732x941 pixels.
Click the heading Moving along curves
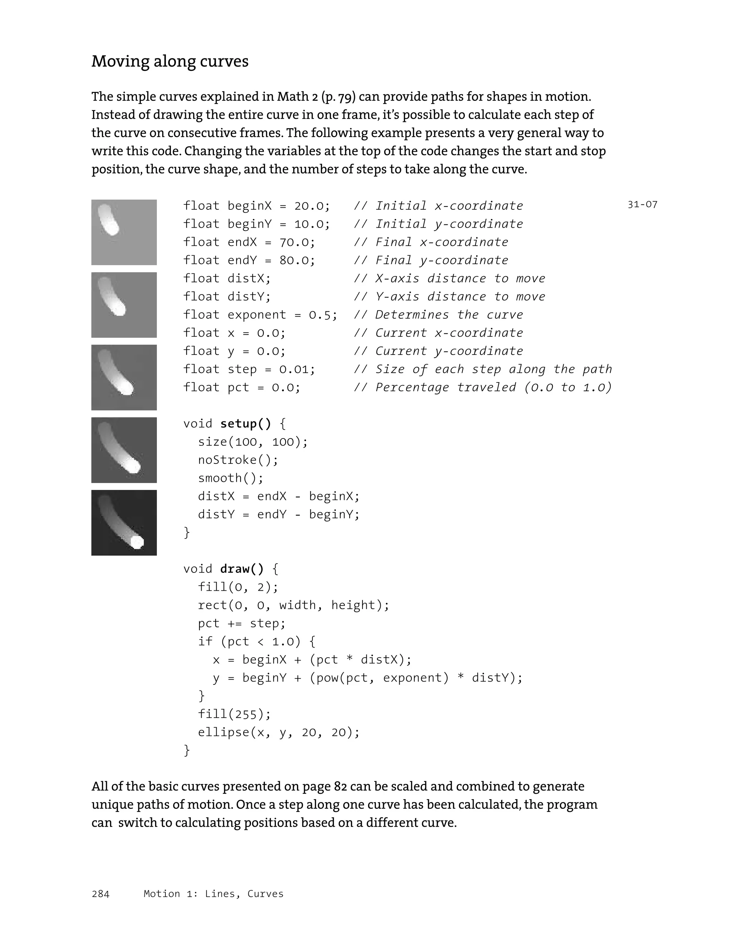coord(170,61)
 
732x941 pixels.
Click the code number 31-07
coord(642,205)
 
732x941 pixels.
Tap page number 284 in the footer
coord(100,893)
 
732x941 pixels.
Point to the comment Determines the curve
coord(449,315)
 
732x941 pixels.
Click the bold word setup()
coord(246,424)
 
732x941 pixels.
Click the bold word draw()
coord(242,569)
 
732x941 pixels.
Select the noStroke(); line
coord(238,460)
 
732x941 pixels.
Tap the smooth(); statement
coord(230,478)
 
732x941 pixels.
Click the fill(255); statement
coord(234,714)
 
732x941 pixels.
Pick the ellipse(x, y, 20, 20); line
coord(278,732)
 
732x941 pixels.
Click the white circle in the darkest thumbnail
coord(137,541)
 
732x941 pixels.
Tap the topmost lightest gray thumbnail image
coord(124,232)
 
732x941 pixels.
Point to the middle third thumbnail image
coord(124,377)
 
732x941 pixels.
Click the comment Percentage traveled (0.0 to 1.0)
coord(493,388)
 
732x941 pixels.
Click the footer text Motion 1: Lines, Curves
coord(213,893)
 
